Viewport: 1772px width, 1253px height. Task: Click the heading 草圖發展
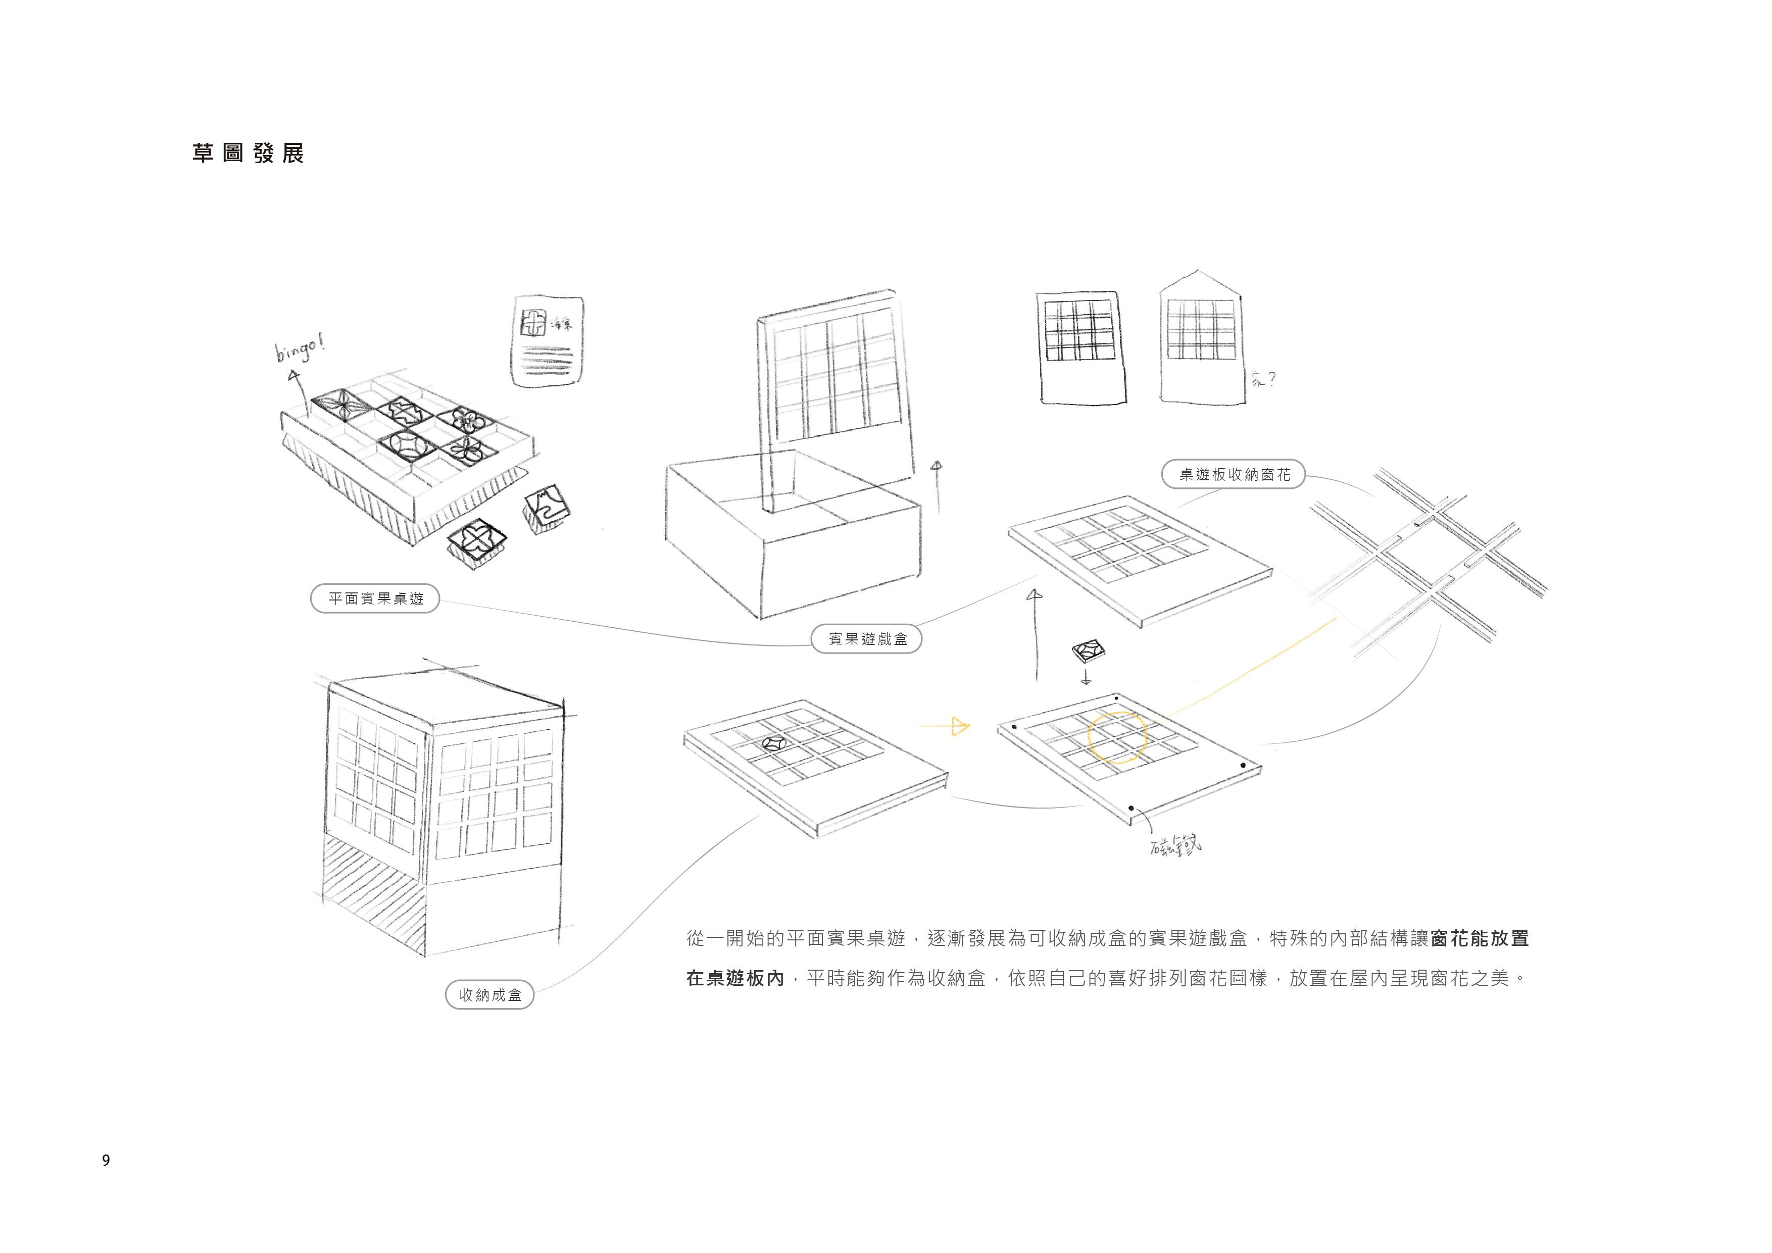248,154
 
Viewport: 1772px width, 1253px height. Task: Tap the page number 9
106,1160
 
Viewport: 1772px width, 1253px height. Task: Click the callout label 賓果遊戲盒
867,639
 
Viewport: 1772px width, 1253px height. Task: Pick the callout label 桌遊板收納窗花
1234,475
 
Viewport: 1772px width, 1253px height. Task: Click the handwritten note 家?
1263,380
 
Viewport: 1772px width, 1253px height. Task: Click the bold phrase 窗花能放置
1480,938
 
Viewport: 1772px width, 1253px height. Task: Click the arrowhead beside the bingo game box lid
937,466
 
